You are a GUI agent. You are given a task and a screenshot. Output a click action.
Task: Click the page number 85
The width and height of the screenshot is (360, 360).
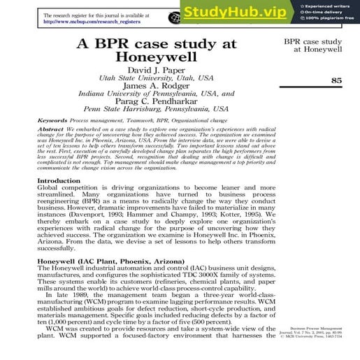tap(336, 81)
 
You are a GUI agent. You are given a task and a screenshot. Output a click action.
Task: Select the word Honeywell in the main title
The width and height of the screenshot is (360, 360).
tap(156, 58)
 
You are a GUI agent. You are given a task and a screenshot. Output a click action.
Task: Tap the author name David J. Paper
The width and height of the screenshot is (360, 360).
tap(156, 70)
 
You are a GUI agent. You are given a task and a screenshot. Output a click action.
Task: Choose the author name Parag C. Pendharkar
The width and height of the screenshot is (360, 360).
tap(156, 101)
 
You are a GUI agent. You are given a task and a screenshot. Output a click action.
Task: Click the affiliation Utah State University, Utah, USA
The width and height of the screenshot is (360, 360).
tap(156, 78)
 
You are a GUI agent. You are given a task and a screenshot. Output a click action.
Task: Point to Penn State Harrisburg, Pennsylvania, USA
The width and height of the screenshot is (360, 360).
tap(156, 109)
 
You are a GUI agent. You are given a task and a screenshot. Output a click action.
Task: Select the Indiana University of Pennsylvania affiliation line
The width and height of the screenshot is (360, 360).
tap(156, 93)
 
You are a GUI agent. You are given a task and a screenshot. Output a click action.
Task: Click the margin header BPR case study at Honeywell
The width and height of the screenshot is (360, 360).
tap(312, 46)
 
